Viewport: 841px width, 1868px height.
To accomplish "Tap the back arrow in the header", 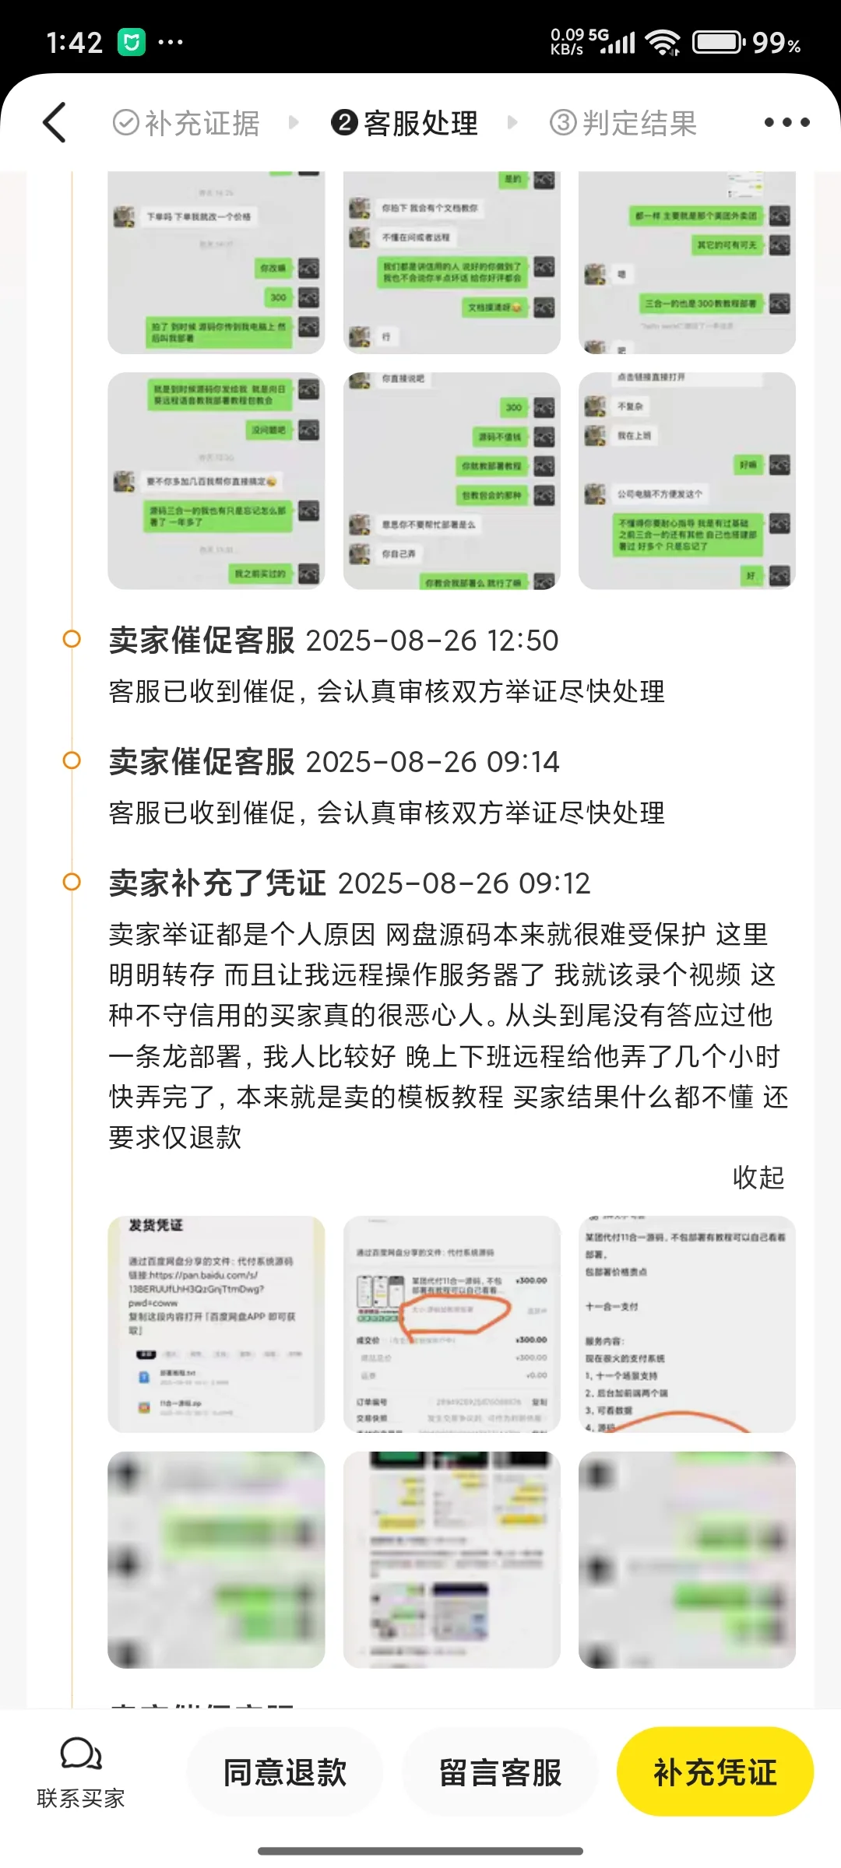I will coord(55,123).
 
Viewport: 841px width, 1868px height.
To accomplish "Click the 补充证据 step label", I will coord(187,123).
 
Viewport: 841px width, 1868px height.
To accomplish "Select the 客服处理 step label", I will coord(405,123).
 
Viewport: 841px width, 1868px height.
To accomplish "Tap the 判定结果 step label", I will coord(624,123).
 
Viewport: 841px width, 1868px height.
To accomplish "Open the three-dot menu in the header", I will coord(786,122).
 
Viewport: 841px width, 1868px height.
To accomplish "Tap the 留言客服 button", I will coord(500,1772).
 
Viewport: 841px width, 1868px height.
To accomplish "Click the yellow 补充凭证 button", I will coord(715,1772).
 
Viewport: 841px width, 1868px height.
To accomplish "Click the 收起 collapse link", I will coord(758,1178).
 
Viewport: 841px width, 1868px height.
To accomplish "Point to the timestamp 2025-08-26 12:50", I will coord(432,641).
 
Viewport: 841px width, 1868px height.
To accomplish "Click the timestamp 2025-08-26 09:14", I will coord(432,762).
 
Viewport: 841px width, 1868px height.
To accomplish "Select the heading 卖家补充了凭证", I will coord(217,883).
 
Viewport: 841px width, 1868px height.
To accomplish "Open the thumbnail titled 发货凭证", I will coord(216,1324).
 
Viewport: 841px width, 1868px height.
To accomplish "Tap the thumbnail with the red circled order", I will coord(452,1324).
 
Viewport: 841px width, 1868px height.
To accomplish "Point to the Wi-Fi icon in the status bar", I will coord(663,42).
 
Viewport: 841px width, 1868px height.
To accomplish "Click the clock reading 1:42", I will coord(74,42).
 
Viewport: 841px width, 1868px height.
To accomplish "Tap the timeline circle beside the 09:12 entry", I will coord(72,882).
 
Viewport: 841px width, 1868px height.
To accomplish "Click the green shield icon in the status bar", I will coord(132,42).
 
